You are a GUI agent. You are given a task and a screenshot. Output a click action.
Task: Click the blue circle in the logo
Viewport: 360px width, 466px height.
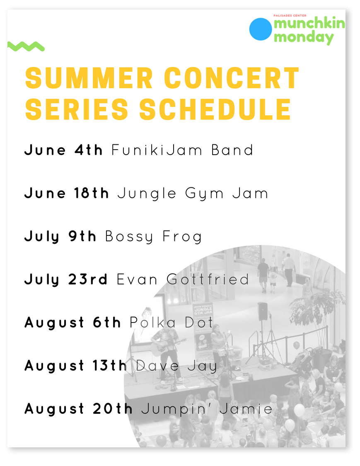(x=261, y=29)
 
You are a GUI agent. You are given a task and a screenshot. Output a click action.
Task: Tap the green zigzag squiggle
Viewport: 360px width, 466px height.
(x=26, y=46)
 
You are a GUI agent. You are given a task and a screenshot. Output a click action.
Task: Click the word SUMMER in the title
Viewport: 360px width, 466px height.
(x=89, y=78)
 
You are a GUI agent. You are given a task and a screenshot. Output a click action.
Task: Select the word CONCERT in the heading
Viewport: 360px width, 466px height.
(x=232, y=78)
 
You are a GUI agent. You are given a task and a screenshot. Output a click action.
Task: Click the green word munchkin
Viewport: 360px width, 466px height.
(x=309, y=24)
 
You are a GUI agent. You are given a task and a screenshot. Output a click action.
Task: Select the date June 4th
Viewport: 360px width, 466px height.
(x=63, y=150)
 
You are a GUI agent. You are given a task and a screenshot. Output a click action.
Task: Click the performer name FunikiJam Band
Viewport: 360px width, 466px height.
(x=182, y=150)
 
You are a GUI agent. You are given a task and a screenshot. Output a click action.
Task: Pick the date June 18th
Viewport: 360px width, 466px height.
(x=67, y=193)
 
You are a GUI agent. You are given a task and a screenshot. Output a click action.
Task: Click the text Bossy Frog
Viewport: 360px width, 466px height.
(x=153, y=237)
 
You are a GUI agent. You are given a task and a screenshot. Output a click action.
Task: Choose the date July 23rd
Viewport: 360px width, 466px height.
(x=65, y=280)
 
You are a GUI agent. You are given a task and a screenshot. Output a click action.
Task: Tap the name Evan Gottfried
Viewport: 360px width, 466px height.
(x=183, y=279)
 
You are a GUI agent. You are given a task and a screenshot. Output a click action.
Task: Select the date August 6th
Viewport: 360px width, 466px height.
(x=72, y=323)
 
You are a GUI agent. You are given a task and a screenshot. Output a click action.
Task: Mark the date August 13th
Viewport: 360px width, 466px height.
(x=76, y=366)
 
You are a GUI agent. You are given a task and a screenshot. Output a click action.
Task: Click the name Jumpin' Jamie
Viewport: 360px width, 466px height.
(x=207, y=409)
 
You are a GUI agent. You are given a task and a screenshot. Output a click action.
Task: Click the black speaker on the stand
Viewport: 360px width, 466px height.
(x=263, y=311)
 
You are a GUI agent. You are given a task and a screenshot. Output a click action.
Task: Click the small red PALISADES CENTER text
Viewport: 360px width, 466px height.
(x=290, y=15)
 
